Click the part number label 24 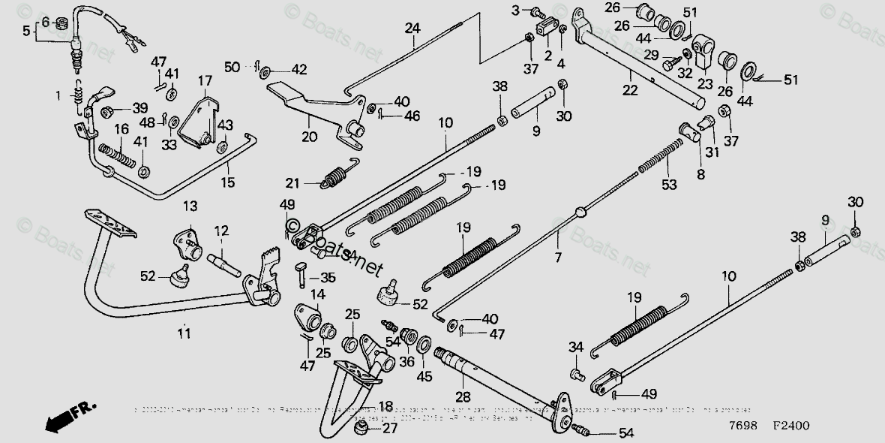point(412,29)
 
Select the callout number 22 point(630,90)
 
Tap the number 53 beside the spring point(668,185)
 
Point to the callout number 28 point(463,396)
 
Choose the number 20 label point(310,137)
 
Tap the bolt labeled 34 point(576,372)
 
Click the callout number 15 point(226,182)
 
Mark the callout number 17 point(205,80)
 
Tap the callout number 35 point(328,277)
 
